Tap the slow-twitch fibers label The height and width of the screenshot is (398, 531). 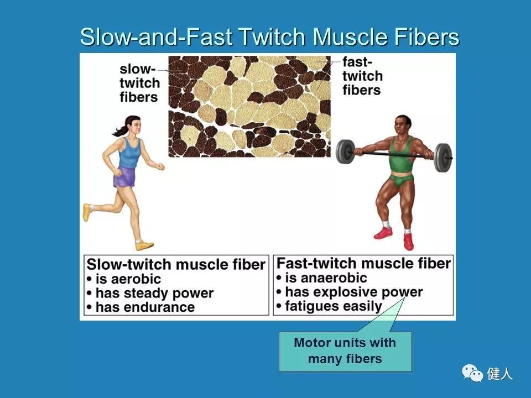[x=139, y=83]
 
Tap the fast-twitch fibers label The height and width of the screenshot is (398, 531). [x=362, y=76]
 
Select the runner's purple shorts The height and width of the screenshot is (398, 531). [x=124, y=177]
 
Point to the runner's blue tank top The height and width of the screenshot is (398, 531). [x=129, y=153]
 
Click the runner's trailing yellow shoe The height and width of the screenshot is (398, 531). [x=87, y=212]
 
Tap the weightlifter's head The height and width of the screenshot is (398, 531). [x=402, y=125]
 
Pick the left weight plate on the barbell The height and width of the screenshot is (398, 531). [x=345, y=151]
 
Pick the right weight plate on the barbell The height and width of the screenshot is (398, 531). [x=443, y=158]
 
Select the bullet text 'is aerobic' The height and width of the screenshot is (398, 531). [x=128, y=279]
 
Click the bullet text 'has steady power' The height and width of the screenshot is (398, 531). [x=154, y=294]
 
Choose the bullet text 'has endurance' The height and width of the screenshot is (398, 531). [x=145, y=307]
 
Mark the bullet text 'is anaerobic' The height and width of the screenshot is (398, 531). [x=326, y=278]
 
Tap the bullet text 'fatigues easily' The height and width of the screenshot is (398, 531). [x=334, y=306]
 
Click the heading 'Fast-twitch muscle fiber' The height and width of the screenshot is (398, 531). [x=364, y=263]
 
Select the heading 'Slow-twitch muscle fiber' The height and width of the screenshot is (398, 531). [x=176, y=264]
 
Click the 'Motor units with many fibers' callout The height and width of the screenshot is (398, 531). [x=345, y=351]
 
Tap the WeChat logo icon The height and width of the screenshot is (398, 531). [x=472, y=373]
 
